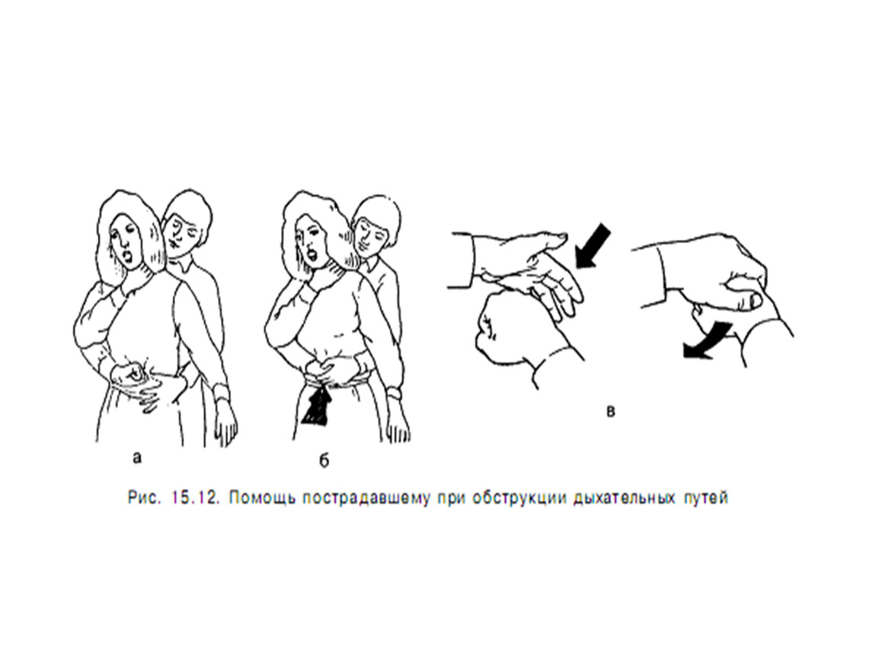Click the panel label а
[x=137, y=458]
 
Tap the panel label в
[x=611, y=412]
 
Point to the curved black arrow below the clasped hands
[x=705, y=340]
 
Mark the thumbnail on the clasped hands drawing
[x=756, y=301]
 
